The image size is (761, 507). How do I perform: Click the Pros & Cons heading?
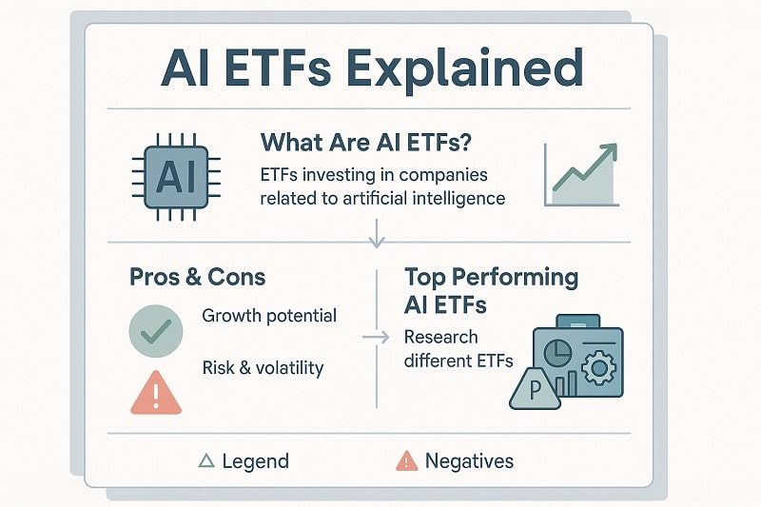pyautogui.click(x=197, y=278)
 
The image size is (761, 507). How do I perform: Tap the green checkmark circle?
pyautogui.click(x=154, y=330)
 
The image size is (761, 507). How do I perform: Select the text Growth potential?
pyautogui.click(x=269, y=315)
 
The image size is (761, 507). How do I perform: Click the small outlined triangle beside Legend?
pyautogui.click(x=205, y=461)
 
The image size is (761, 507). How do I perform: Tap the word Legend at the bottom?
pyautogui.click(x=255, y=461)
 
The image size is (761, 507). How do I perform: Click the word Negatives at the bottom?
pyautogui.click(x=469, y=461)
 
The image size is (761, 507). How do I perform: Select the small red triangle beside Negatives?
pyautogui.click(x=406, y=461)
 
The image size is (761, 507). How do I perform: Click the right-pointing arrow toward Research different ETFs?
pyautogui.click(x=377, y=337)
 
